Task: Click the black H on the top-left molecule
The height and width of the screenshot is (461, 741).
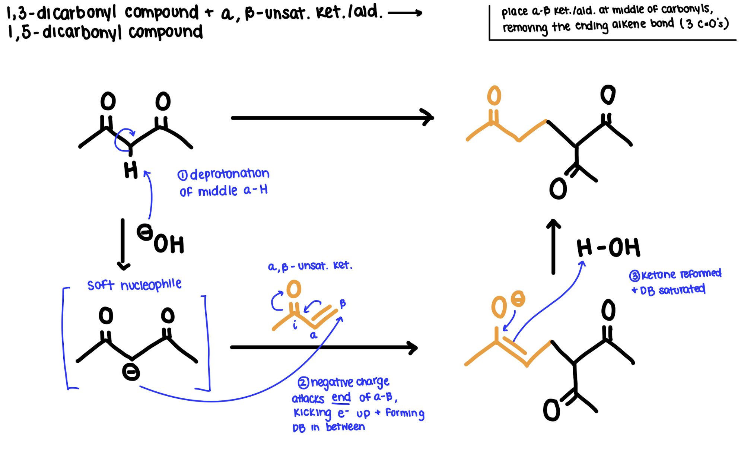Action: click(x=131, y=171)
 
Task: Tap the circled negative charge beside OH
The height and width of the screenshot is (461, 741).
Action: click(x=145, y=232)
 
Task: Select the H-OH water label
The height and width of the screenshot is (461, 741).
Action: click(x=608, y=248)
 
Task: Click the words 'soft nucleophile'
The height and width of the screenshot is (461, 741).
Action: click(x=134, y=285)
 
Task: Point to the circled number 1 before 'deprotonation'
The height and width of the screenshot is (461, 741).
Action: click(x=182, y=175)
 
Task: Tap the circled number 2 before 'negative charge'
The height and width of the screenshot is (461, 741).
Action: click(x=303, y=382)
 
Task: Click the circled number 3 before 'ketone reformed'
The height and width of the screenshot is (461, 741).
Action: click(x=635, y=276)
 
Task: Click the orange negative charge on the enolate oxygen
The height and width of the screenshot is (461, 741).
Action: click(x=518, y=299)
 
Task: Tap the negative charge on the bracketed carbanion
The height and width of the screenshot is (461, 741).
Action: click(x=131, y=372)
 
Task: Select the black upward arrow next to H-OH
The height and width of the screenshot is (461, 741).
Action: click(x=553, y=246)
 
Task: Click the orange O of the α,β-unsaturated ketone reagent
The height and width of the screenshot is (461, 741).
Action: click(x=294, y=289)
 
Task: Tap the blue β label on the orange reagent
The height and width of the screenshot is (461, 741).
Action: click(x=343, y=303)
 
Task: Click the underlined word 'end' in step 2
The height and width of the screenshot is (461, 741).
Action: click(x=341, y=397)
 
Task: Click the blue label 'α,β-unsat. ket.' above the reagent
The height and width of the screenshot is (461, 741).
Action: click(x=310, y=266)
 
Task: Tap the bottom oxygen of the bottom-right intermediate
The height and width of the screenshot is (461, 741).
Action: click(x=551, y=410)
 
